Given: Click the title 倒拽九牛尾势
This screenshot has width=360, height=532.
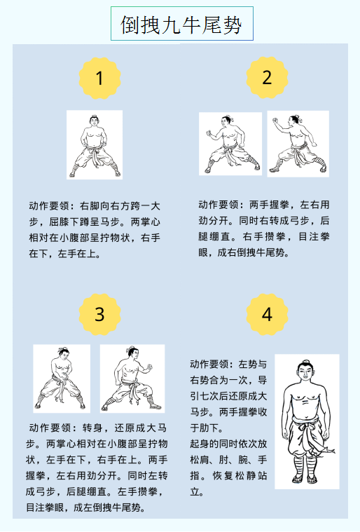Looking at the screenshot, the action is point(181,25).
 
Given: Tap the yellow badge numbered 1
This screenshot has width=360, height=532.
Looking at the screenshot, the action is point(99,78).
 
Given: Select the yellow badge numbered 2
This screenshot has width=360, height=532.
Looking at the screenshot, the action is point(267,78).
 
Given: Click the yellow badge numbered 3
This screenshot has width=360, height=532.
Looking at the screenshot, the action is point(99,314).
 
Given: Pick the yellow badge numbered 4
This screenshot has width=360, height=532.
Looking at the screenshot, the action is point(267,314).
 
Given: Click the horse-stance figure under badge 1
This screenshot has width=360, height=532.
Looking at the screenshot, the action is point(95,145).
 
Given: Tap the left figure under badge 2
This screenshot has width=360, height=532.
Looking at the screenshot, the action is point(230,144).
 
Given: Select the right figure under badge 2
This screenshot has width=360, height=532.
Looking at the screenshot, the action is point(298,144).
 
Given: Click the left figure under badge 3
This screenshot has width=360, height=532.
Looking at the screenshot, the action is point(62,378).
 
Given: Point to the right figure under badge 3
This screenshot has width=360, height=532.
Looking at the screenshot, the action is point(132,378).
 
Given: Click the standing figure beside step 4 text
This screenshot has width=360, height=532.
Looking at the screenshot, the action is point(307,421).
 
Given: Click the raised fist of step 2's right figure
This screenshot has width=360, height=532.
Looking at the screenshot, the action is point(275,121).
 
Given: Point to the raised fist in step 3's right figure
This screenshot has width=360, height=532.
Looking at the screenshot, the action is point(149,367).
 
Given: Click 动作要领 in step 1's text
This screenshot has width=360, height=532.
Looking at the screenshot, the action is point(49,206).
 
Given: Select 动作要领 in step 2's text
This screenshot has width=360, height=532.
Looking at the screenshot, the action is point(219,205).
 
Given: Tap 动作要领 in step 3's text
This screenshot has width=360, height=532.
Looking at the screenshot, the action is point(50,428).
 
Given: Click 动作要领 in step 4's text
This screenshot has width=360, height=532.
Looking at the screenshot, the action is point(209,364).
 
